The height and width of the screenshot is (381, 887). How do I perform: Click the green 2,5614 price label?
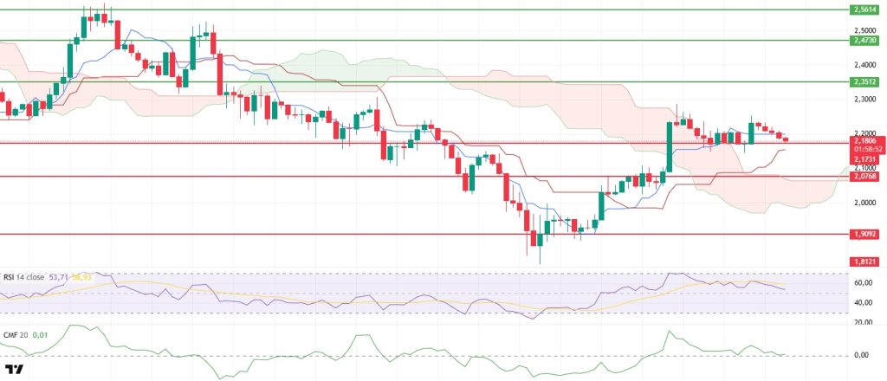tap(864, 10)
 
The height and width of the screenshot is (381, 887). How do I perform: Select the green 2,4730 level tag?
tap(864, 40)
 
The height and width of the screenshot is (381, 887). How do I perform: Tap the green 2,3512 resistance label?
tap(864, 82)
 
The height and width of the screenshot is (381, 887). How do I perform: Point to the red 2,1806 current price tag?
tap(864, 140)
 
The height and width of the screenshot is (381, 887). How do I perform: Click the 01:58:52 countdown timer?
tap(864, 149)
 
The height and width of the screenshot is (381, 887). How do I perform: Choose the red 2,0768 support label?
tap(864, 177)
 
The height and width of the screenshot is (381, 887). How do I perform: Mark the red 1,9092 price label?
tap(864, 234)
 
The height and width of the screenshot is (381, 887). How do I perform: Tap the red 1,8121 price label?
tap(864, 261)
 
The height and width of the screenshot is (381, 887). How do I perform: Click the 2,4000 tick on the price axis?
tap(863, 65)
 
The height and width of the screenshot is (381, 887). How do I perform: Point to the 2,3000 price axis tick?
tap(863, 100)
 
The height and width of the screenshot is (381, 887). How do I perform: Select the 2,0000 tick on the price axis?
tap(863, 203)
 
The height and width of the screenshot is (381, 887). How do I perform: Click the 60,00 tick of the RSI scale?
tap(863, 282)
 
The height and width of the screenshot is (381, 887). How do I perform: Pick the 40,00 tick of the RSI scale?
tap(863, 302)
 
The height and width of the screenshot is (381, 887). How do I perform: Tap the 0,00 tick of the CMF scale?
tap(863, 355)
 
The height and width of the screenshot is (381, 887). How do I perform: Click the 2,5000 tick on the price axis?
tap(863, 31)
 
